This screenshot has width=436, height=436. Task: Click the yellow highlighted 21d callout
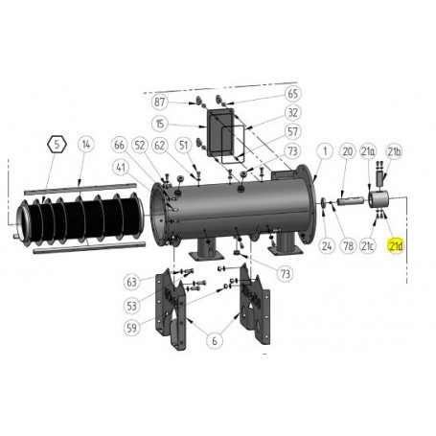pos(395,245)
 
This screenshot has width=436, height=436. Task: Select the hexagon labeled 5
pos(57,146)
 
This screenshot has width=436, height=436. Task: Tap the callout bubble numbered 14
pos(86,146)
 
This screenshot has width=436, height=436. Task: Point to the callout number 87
pos(159,102)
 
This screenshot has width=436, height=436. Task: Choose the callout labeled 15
pos(159,124)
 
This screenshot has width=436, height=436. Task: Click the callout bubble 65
pos(293,94)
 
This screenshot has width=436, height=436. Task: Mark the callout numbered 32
pos(293,112)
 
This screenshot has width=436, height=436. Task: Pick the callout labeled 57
pos(293,131)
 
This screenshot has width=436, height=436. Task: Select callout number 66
pos(119,146)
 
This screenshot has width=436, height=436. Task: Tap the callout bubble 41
pos(122,167)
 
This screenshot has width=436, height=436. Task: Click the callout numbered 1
pos(325,151)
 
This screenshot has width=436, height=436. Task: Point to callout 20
pos(348,151)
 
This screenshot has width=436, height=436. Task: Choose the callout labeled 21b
pos(394,151)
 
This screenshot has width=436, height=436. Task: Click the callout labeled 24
pos(326,245)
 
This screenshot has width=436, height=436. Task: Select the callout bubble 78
pos(348,245)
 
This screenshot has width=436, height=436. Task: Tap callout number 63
pos(132,282)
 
